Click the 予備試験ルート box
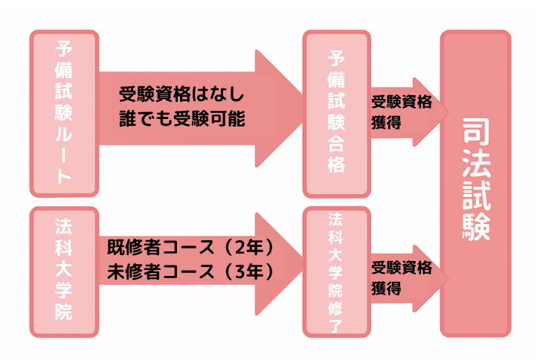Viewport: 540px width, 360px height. pyautogui.click(x=63, y=113)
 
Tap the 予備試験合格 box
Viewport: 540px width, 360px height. pyautogui.click(x=336, y=113)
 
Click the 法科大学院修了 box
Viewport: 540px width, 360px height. pyautogui.click(x=336, y=271)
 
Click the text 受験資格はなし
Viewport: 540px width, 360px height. pyautogui.click(x=182, y=96)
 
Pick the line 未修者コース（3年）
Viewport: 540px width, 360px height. pyautogui.click(x=192, y=271)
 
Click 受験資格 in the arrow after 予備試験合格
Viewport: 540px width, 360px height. pyautogui.click(x=401, y=102)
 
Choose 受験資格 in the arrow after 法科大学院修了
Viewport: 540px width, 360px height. pyautogui.click(x=401, y=266)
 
